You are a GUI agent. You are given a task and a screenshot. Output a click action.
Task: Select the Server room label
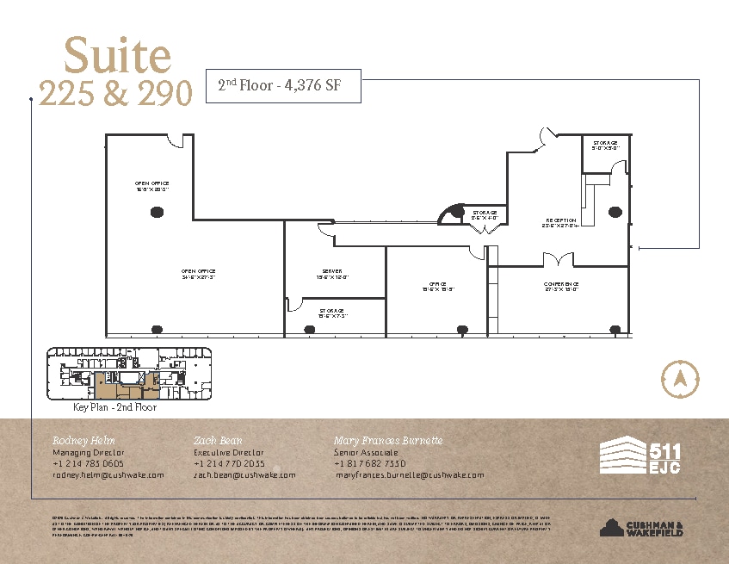click(x=332, y=274)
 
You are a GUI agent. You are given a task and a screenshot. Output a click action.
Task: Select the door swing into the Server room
click(x=294, y=303)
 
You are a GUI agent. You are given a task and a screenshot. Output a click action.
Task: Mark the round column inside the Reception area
click(x=614, y=211)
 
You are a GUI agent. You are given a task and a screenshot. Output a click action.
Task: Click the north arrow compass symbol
click(x=677, y=378)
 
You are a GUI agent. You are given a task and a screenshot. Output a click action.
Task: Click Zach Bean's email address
click(x=244, y=474)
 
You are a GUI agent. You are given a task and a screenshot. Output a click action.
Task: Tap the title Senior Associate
click(x=365, y=452)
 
